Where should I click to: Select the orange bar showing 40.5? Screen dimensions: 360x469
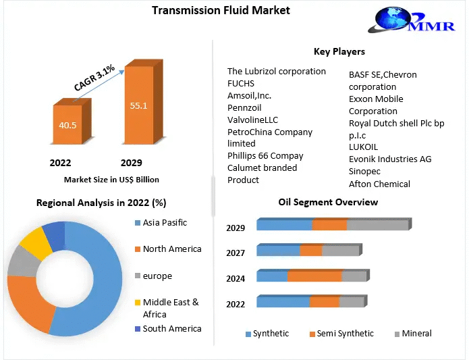pos(67,125)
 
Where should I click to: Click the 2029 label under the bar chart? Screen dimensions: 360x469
pos(131,163)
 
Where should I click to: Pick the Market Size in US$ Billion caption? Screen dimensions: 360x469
pos(111,180)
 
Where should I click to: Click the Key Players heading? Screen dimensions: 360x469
pos(339,51)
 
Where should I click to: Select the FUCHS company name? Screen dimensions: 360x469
pos(242,84)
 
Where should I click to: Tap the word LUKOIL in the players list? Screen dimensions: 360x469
pos(363,147)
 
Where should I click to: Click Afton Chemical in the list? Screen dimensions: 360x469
pos(379,184)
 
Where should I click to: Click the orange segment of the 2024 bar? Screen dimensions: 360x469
pos(314,276)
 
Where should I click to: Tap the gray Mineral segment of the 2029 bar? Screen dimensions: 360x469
pos(377,225)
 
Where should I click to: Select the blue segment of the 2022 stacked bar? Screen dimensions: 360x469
pos(283,302)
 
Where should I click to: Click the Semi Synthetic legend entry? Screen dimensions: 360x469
pos(343,334)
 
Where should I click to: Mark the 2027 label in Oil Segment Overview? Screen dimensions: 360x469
pos(236,253)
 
